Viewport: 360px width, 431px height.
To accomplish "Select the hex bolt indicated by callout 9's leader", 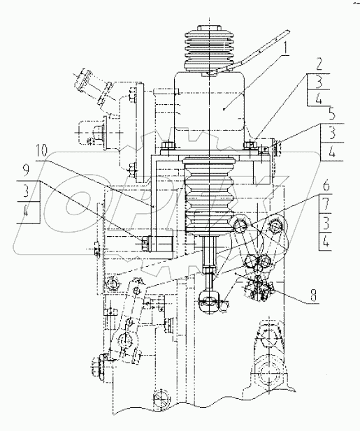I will [146, 242].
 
